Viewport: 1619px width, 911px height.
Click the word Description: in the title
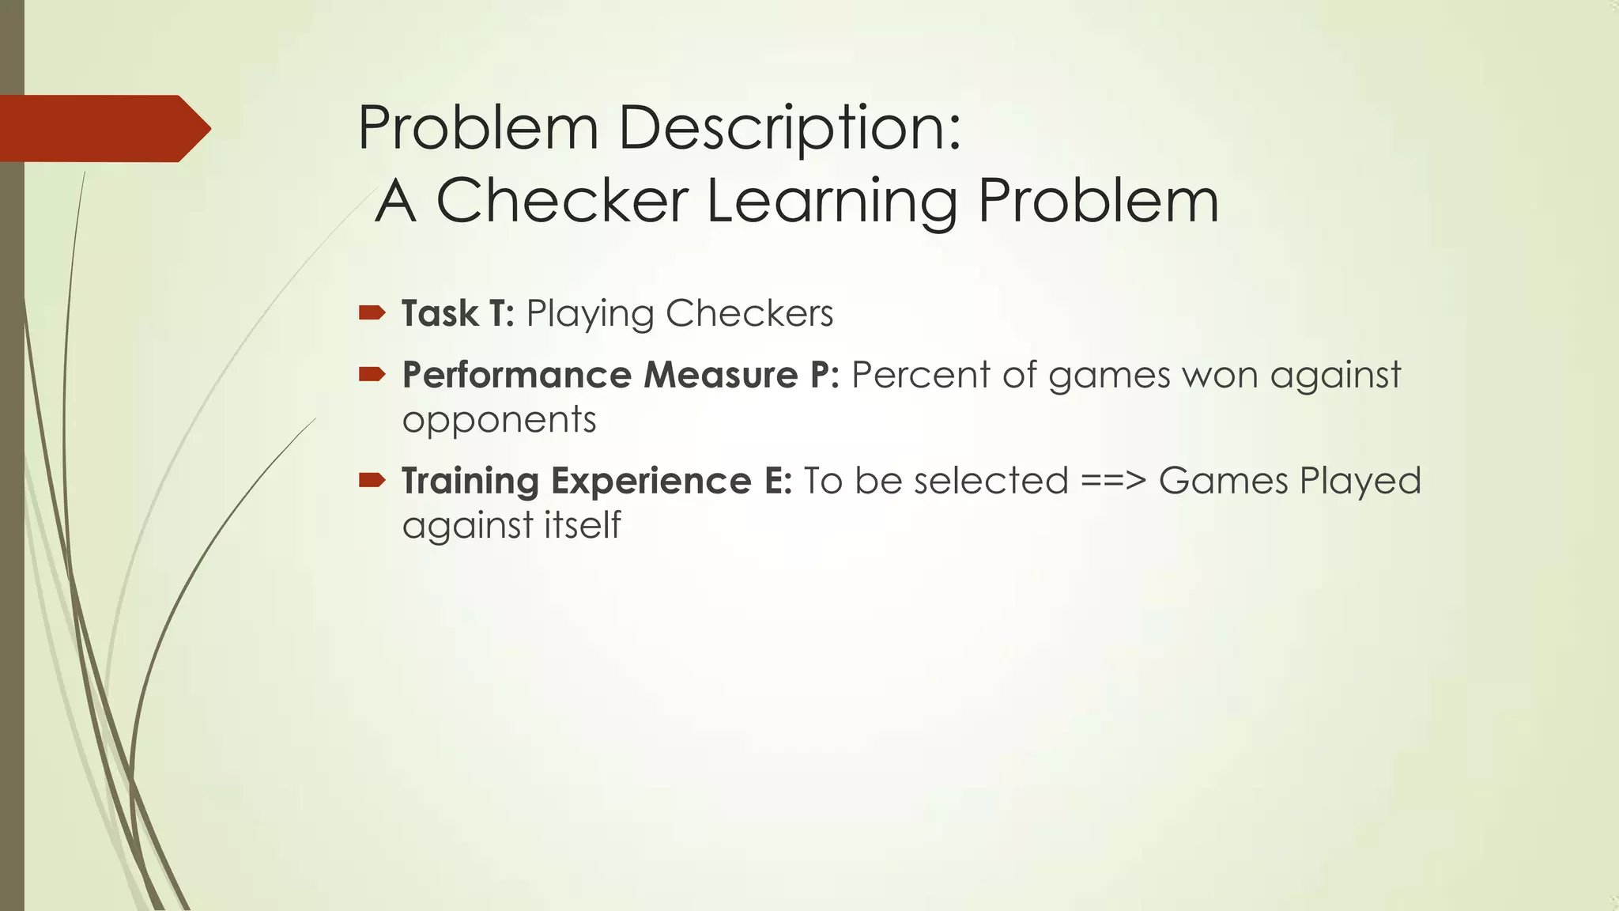click(789, 128)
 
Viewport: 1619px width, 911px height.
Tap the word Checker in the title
click(561, 201)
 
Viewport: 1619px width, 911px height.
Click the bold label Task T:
click(458, 313)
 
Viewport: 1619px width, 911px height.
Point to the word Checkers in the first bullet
click(749, 313)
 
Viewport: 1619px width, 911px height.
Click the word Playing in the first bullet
click(590, 315)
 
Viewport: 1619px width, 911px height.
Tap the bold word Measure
click(720, 375)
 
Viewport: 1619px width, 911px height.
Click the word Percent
click(920, 375)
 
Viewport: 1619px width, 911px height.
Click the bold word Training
click(470, 482)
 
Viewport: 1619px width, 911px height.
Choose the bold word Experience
click(651, 482)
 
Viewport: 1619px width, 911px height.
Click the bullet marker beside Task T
click(372, 313)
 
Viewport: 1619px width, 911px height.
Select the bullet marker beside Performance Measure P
click(372, 374)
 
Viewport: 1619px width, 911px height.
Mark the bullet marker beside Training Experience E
click(372, 480)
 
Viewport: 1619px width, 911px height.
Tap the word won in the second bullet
click(1220, 375)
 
